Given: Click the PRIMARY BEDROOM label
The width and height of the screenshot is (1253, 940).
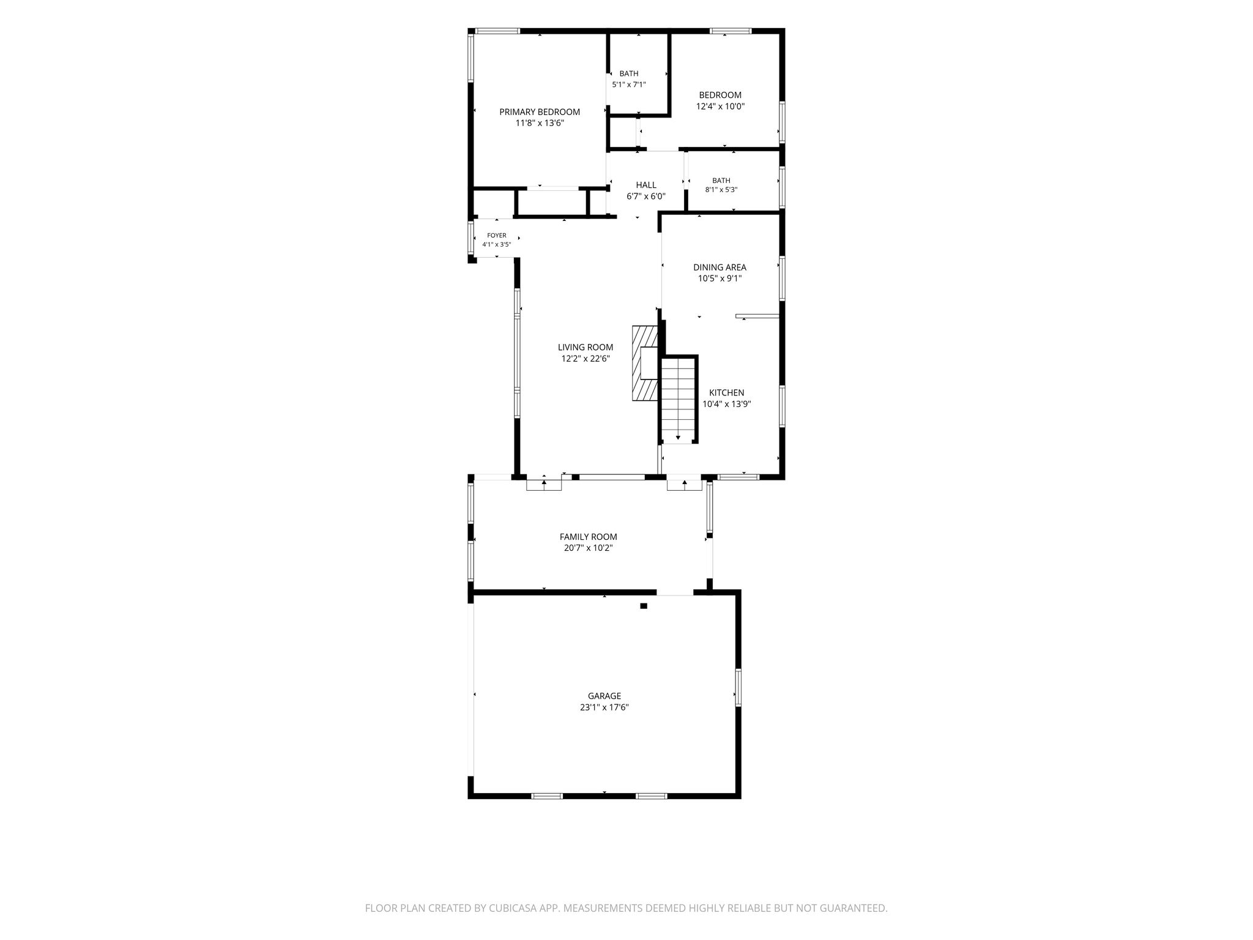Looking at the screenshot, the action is pos(540,112).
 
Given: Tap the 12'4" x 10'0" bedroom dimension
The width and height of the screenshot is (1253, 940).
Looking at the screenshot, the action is pos(720,106).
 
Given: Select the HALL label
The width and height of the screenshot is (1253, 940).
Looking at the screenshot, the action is pos(646,185).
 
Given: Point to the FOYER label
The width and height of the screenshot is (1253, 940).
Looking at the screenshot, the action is pos(497,236).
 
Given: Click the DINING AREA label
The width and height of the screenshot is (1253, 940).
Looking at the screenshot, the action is pos(719,267).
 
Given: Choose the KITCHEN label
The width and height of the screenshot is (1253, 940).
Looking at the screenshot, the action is pos(727,393).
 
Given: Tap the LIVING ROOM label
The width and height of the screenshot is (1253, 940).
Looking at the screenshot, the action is pos(586,348).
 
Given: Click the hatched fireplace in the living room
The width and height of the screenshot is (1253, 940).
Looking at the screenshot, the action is pos(645,363).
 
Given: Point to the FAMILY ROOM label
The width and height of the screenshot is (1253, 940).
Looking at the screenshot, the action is pos(589,537).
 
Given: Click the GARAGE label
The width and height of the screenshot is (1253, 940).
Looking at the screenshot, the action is pos(604,696).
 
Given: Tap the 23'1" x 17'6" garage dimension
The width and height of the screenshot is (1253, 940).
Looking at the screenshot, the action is pos(604,707).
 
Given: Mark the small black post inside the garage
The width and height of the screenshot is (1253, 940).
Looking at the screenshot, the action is pos(644,606).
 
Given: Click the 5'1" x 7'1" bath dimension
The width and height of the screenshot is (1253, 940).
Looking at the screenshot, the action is pos(629,85).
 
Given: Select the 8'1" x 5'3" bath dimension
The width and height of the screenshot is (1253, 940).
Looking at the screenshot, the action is pos(721,190).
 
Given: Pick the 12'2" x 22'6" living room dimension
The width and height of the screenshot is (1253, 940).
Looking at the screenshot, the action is pos(586,359).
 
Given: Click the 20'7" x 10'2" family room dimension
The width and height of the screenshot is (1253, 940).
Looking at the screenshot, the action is pos(589,548).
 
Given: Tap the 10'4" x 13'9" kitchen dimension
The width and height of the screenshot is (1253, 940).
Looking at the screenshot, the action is pos(727,404).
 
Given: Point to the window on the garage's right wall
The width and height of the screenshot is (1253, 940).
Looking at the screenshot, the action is pos(738,687).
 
